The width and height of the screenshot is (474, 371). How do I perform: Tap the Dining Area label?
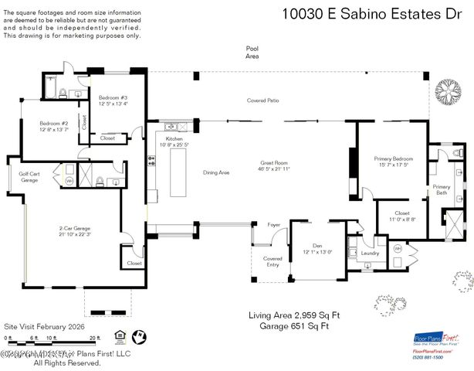pos(216,172)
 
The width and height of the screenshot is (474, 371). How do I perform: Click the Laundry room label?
pos(370,253)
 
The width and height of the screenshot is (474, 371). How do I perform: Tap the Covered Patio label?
pos(262,100)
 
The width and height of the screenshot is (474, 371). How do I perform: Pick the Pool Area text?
pos(252,52)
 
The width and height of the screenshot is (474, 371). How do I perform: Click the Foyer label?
pos(274,226)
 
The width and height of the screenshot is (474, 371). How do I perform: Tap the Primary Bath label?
pos(441,189)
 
